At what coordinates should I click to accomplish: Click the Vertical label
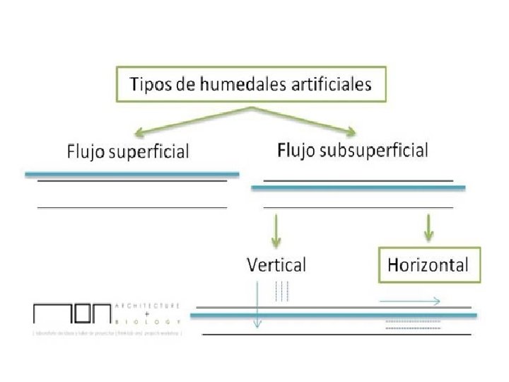(276, 265)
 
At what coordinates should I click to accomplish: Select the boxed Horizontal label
(428, 265)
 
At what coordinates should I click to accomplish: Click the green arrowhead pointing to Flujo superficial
(141, 132)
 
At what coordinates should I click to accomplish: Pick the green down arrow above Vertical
(276, 230)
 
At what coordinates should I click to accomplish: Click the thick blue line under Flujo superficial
(132, 173)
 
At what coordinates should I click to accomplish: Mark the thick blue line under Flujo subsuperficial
(358, 187)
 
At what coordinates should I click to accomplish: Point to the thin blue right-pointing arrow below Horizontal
(410, 301)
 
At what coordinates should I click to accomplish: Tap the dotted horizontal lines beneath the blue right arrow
(413, 325)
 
